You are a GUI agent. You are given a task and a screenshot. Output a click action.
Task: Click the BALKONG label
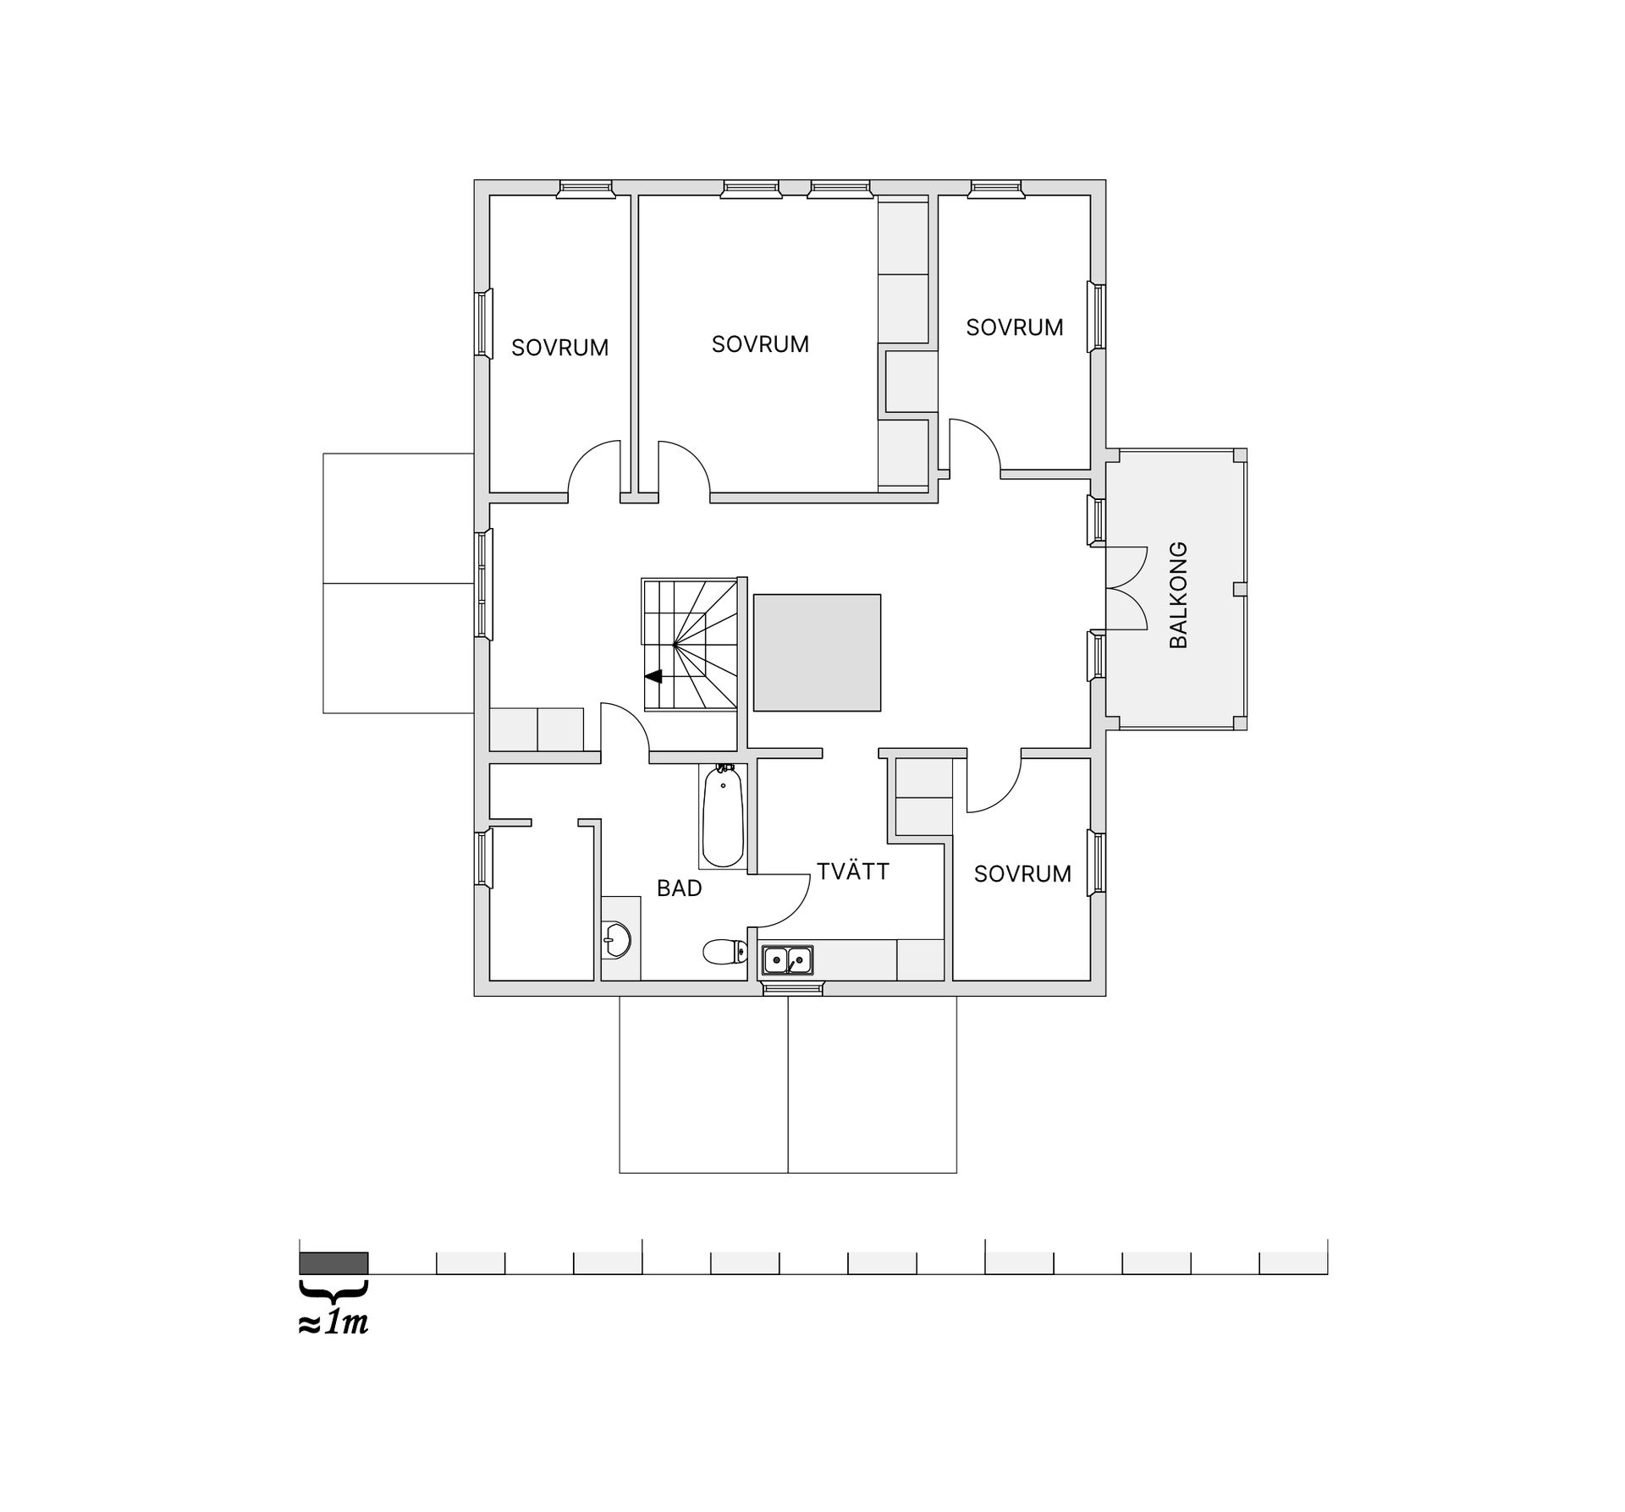click(1178, 595)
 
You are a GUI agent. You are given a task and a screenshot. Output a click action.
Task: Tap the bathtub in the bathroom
click(722, 816)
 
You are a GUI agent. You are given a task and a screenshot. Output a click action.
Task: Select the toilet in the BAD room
click(724, 953)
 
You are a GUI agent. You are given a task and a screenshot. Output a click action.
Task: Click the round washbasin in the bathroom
click(617, 938)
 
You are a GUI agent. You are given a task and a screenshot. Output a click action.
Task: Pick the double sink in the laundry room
click(787, 960)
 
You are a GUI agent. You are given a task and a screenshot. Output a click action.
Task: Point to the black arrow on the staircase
click(653, 676)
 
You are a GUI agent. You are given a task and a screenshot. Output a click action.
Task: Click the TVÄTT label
click(852, 871)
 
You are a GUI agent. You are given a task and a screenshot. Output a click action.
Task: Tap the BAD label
click(679, 888)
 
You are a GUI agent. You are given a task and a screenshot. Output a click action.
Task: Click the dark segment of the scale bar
click(333, 1263)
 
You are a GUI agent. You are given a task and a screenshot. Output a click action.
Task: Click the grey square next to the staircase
click(817, 652)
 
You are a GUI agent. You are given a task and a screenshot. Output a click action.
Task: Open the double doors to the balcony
click(1126, 588)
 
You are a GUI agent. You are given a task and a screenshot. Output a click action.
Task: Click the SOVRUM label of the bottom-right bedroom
click(1022, 874)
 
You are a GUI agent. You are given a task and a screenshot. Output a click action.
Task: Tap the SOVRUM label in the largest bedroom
click(759, 344)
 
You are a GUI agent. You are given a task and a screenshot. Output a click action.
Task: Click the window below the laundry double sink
click(792, 987)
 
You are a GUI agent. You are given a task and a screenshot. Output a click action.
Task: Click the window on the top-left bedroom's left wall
click(482, 323)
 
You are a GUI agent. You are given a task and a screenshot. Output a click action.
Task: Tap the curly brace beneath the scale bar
click(333, 1290)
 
